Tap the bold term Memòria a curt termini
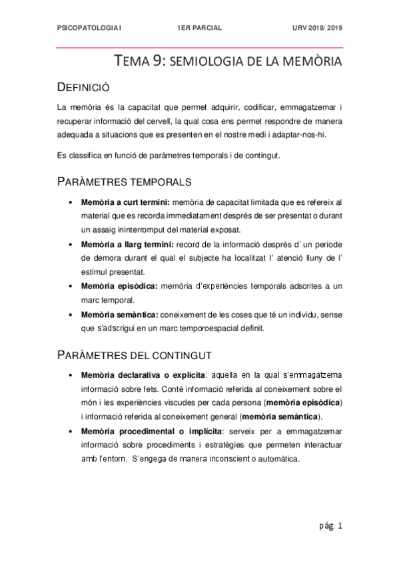[x=126, y=202]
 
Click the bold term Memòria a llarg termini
[x=125, y=244]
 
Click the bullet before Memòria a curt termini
[x=71, y=202]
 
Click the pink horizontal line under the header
[x=200, y=47]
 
